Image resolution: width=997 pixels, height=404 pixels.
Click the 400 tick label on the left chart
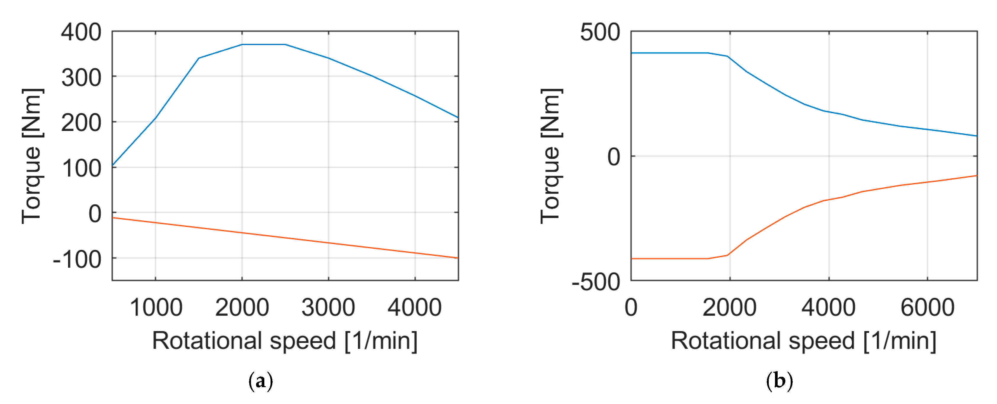pyautogui.click(x=81, y=32)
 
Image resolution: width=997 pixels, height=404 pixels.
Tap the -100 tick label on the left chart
pyautogui.click(x=77, y=259)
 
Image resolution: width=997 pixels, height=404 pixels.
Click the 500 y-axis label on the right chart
pyautogui.click(x=600, y=32)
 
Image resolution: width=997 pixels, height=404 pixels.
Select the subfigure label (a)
pyautogui.click(x=260, y=381)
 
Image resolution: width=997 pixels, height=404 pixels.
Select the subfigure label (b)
pyautogui.click(x=779, y=381)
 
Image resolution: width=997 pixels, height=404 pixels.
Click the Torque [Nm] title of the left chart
pyautogui.click(x=32, y=156)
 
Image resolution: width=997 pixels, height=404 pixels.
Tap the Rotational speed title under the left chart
pyautogui.click(x=285, y=341)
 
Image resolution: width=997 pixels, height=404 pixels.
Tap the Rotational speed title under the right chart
pyautogui.click(x=803, y=341)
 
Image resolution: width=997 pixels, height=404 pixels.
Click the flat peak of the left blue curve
pyautogui.click(x=263, y=44)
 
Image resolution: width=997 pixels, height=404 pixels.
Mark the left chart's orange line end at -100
pyautogui.click(x=457, y=258)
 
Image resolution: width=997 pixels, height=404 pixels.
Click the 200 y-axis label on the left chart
pyautogui.click(x=81, y=123)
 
